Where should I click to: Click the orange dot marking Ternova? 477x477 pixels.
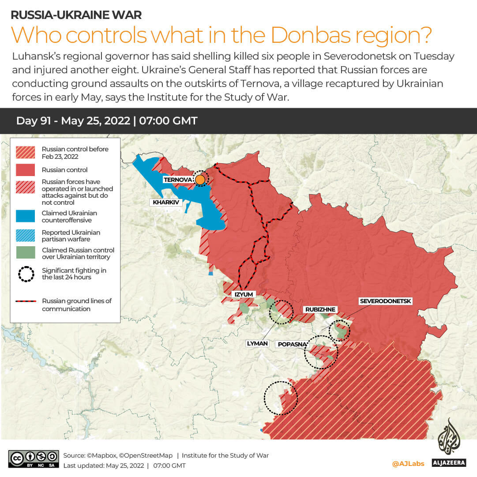click(200, 180)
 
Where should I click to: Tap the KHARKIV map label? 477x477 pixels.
click(165, 203)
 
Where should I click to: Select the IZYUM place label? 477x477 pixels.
click(244, 294)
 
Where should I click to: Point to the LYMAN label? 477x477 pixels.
click(258, 343)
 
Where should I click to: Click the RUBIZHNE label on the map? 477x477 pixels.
click(320, 309)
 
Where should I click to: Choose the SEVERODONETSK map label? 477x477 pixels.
click(386, 301)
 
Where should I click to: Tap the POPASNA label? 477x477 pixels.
click(289, 344)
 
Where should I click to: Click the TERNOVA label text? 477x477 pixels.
click(178, 180)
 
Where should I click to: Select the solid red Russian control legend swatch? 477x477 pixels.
click(25, 170)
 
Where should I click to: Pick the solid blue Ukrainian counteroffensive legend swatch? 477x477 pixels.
click(25, 216)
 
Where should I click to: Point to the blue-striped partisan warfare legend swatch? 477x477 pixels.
click(25, 236)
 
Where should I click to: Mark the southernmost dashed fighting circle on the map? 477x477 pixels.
click(281, 398)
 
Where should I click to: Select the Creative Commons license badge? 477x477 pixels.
click(34, 459)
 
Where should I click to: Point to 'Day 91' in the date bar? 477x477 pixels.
click(33, 121)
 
